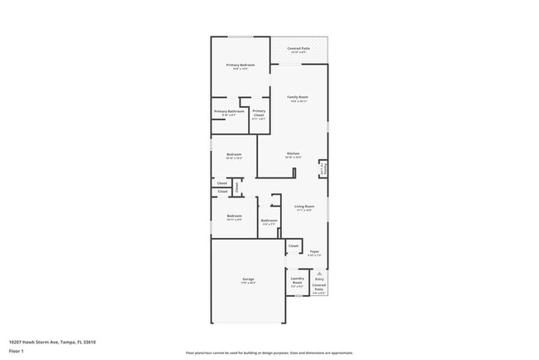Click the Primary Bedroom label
pos(240,65)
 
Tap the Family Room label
pos(298,98)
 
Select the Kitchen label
pos(293,153)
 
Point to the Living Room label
pos(303,207)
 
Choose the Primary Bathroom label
pos(229,111)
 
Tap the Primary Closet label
pos(259,114)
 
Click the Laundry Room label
pos(297,280)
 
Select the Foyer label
pos(314,251)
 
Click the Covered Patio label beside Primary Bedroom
pos(298,49)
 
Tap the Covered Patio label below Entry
pos(319,286)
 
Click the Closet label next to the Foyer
pos(294,246)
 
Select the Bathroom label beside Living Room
pos(269,221)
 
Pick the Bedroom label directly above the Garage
pos(234,216)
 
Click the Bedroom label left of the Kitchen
pos(234,154)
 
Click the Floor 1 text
pos(16,351)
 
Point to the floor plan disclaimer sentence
pos(269,352)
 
